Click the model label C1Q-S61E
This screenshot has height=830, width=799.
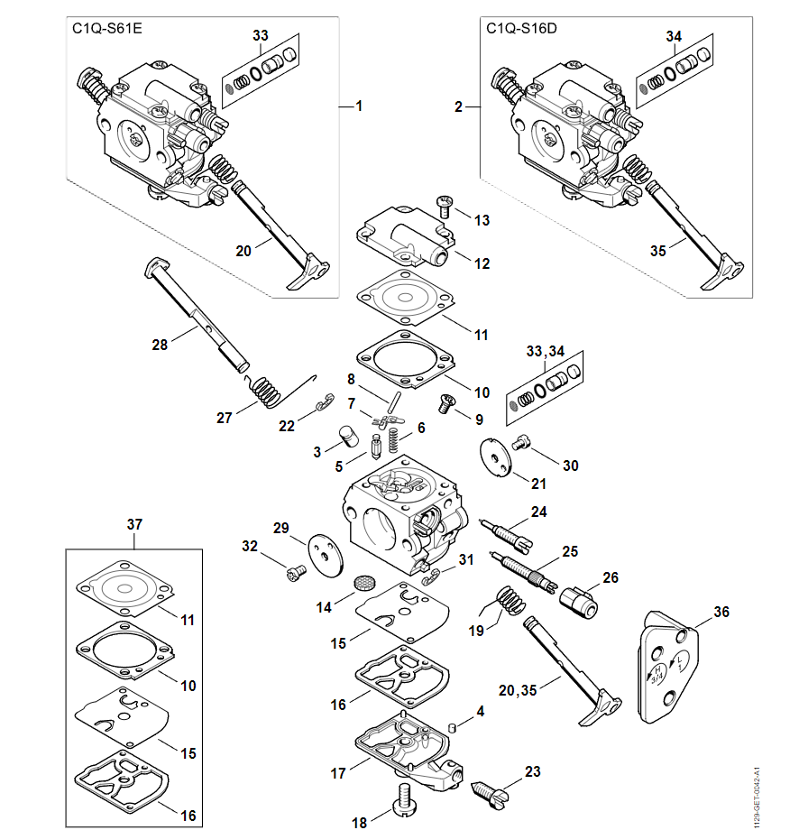tap(106, 28)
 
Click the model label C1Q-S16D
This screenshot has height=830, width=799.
tap(521, 28)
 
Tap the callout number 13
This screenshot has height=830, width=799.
tap(482, 220)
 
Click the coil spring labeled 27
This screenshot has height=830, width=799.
tap(265, 392)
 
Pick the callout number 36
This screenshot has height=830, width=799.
tap(721, 612)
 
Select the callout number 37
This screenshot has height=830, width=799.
tap(134, 524)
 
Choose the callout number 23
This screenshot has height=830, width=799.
tap(532, 771)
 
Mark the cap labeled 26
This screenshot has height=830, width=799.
tap(578, 601)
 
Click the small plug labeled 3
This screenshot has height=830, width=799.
tap(343, 437)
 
